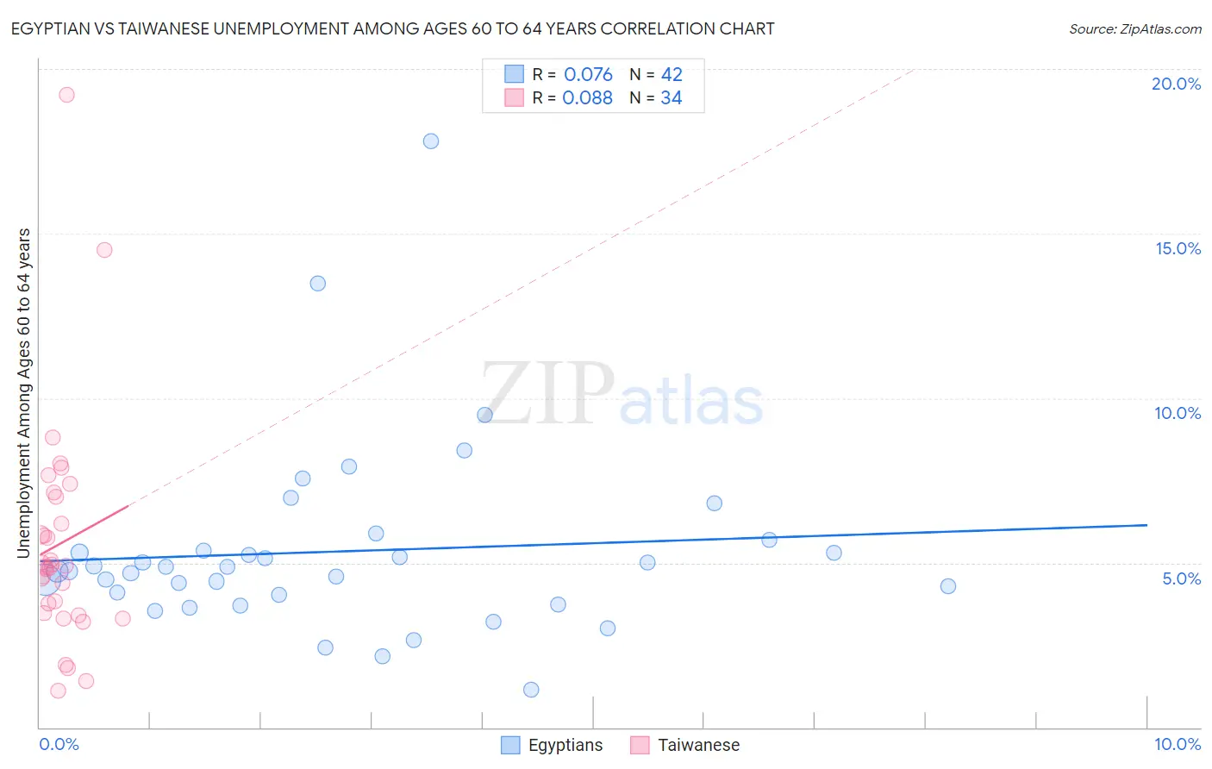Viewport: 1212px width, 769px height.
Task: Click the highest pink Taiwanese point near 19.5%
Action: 66,95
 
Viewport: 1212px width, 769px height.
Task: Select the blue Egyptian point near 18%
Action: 431,141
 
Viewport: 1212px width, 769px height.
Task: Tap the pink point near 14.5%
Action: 104,250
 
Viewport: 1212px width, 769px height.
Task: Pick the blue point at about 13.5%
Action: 318,284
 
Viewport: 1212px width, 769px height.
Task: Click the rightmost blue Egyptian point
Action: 948,586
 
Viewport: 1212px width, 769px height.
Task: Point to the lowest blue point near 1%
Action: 531,690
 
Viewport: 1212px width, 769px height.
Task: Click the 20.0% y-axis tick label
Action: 1176,84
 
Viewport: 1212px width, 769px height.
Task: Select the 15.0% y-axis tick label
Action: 1178,248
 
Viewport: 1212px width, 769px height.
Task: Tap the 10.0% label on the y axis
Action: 1178,413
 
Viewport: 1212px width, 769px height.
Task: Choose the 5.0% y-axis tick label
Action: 1181,578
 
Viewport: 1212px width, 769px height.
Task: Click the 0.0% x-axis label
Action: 59,744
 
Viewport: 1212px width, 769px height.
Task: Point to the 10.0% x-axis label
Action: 1178,744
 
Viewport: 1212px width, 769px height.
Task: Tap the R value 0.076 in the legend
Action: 588,74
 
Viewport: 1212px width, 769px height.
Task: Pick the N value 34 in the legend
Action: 672,97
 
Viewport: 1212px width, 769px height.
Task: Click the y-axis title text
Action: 24,392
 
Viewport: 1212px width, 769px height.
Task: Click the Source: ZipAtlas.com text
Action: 1134,28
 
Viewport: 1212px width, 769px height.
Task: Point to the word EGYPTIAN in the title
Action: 48,28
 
